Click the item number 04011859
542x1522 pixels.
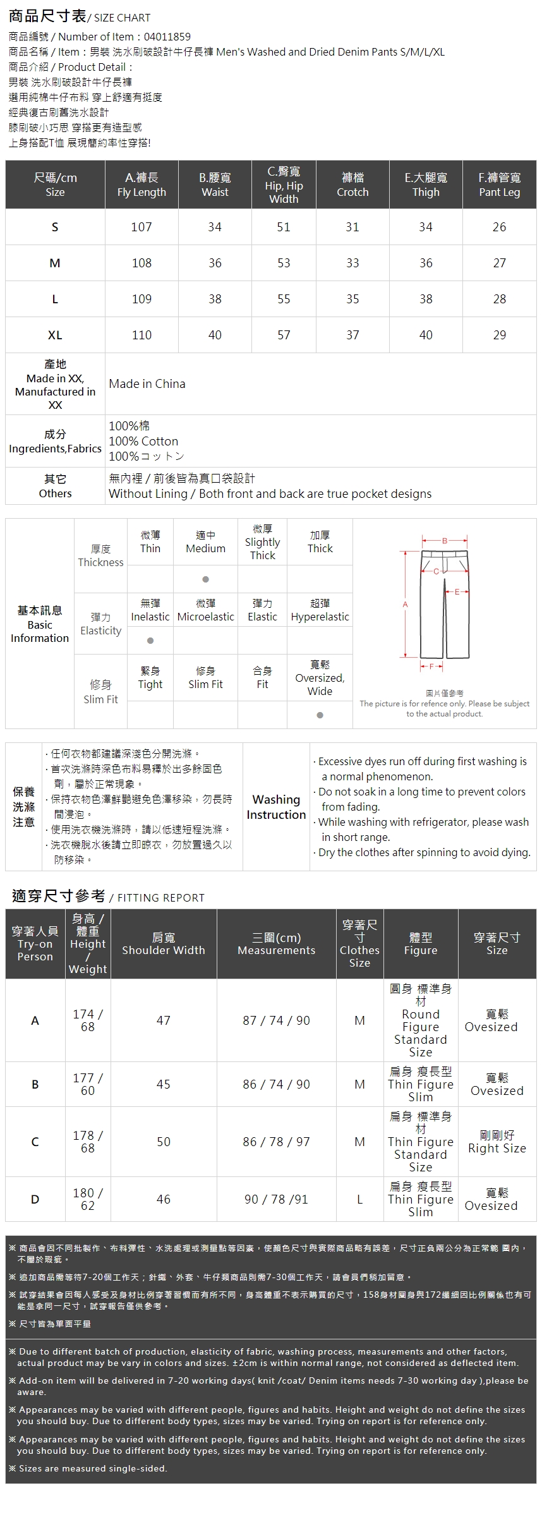[x=167, y=37]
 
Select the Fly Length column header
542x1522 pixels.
[x=142, y=184]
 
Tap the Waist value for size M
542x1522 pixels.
[x=215, y=263]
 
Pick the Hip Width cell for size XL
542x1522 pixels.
[x=284, y=335]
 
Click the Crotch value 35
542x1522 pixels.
[x=352, y=299]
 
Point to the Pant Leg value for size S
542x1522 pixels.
[x=499, y=227]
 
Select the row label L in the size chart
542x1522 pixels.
[x=55, y=299]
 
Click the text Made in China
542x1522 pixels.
[x=147, y=384]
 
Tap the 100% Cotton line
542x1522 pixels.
[x=143, y=441]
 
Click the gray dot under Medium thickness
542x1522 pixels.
[x=205, y=579]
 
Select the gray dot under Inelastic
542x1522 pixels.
[x=150, y=641]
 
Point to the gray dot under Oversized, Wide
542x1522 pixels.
[x=320, y=715]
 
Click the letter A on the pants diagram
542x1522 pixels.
[x=406, y=605]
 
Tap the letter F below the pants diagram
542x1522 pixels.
[x=432, y=667]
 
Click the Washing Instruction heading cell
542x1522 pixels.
[x=276, y=807]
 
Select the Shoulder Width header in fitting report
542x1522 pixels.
[x=164, y=944]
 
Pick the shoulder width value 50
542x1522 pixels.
[x=164, y=1142]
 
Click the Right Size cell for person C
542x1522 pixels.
[x=497, y=1142]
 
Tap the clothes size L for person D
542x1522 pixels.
[x=359, y=1199]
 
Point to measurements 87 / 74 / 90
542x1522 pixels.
[x=276, y=1020]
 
